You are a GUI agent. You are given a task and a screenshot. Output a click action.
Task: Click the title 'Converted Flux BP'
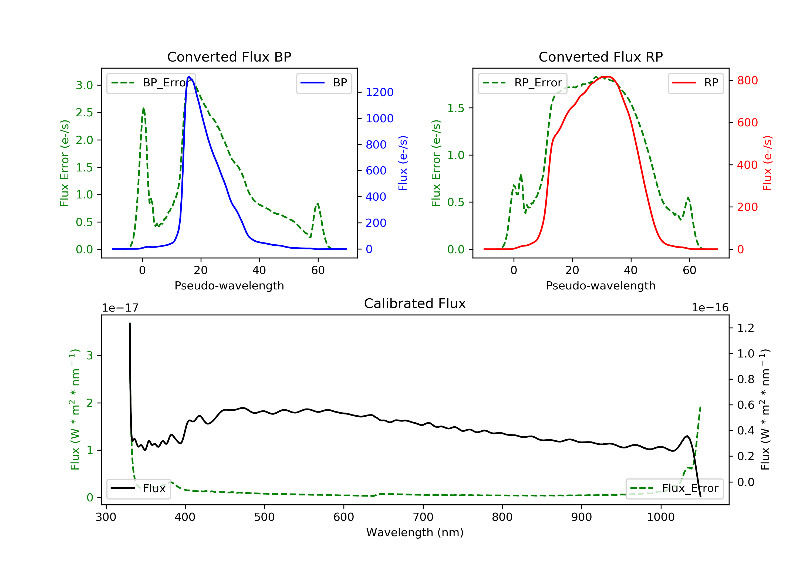pyautogui.click(x=229, y=57)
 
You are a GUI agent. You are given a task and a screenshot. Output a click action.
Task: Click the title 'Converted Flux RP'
pyautogui.click(x=600, y=57)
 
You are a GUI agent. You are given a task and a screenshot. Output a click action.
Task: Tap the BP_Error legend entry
pyautogui.click(x=151, y=83)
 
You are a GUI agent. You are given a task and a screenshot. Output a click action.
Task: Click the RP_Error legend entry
pyautogui.click(x=522, y=83)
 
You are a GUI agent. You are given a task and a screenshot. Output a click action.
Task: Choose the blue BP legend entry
pyautogui.click(x=324, y=83)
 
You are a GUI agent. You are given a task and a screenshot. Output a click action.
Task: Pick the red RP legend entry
pyautogui.click(x=695, y=83)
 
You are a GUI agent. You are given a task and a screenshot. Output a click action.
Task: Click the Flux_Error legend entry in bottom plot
pyautogui.click(x=674, y=488)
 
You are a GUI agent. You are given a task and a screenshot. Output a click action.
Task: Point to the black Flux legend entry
pyautogui.click(x=139, y=488)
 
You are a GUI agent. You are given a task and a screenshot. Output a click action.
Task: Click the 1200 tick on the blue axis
pyautogui.click(x=379, y=92)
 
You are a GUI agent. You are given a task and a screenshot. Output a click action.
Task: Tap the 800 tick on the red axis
pyautogui.click(x=747, y=80)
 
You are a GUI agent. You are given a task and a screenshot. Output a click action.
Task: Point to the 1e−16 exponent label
pyautogui.click(x=710, y=308)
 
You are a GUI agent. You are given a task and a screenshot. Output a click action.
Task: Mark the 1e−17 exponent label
pyautogui.click(x=120, y=308)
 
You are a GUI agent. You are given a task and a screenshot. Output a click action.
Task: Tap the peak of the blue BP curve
pyautogui.click(x=189, y=77)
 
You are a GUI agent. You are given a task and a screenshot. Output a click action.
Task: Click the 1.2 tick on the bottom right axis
pyautogui.click(x=745, y=328)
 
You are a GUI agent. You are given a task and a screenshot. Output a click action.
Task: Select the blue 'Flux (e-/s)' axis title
pyautogui.click(x=403, y=163)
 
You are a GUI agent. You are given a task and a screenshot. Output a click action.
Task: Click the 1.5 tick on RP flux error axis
pyautogui.click(x=456, y=108)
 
